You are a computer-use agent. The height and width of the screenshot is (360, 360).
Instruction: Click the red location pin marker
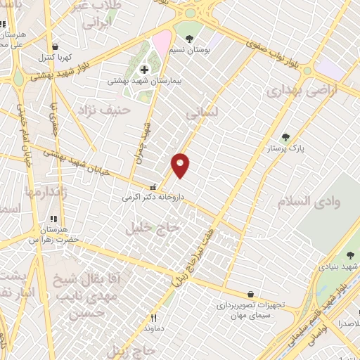click(181, 165)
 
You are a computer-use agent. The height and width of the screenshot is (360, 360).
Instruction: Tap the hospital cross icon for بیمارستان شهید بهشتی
click(145, 69)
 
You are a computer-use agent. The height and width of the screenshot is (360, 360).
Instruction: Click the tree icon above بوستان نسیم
click(188, 37)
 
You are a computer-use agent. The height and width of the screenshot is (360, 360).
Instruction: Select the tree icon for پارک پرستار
click(285, 138)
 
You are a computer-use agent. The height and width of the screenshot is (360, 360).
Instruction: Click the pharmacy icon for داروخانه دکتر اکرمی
click(153, 187)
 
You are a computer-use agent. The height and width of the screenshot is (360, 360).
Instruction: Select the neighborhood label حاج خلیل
click(153, 228)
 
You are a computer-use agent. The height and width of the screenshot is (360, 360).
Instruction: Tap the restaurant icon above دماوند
click(153, 318)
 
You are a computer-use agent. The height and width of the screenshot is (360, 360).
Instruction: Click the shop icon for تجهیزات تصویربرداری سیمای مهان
click(251, 294)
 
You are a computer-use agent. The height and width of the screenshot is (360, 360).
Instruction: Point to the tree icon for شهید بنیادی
click(350, 255)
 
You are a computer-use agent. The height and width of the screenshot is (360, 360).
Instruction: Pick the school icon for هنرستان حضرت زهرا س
click(53, 219)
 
